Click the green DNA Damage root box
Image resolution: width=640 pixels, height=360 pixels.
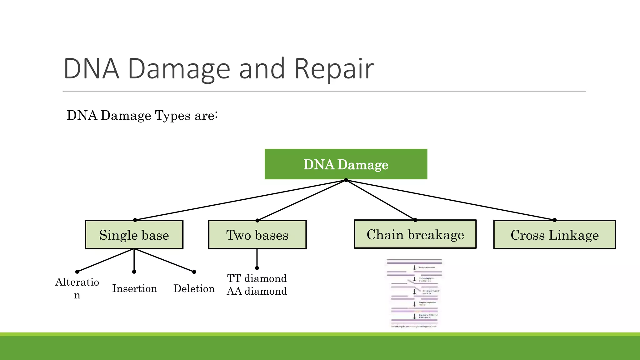coord(346,164)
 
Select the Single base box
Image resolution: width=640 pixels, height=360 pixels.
coord(134,235)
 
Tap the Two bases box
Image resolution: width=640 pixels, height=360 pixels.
coord(257,235)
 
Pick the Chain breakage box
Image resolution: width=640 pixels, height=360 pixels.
coord(415,234)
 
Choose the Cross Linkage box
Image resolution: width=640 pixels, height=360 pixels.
coord(554,235)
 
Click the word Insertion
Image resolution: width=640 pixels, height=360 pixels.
coord(134,288)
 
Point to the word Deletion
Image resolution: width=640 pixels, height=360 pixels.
coord(194,288)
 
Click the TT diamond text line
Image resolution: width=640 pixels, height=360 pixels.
coord(257,278)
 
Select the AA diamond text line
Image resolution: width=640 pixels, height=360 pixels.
coord(257,291)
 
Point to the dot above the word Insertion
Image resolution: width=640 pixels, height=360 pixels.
coord(134,272)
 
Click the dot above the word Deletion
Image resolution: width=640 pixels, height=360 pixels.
coord(194,272)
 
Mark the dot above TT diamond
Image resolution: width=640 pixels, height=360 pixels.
coord(257,268)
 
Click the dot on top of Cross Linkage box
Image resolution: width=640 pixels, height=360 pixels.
coord(555,220)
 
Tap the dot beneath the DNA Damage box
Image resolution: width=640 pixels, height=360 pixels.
coord(346,180)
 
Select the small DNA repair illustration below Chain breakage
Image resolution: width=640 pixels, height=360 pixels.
coord(414,293)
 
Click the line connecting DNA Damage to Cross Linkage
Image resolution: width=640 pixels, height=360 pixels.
coord(450,200)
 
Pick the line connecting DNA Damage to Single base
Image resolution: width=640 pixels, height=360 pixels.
coord(241,200)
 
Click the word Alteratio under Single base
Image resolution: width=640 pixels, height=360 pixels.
coord(77,282)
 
